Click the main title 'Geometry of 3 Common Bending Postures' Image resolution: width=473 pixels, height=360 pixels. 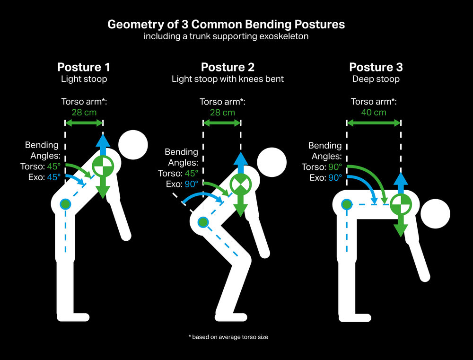[226, 24]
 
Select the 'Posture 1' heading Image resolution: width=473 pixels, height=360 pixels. [84, 67]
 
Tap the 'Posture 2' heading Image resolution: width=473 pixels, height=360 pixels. [228, 67]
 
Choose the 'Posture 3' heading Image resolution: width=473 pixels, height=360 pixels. [376, 67]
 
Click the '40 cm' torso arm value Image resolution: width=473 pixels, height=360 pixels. [374, 112]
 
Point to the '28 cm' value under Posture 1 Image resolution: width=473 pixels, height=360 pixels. [84, 112]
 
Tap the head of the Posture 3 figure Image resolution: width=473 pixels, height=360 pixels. [435, 214]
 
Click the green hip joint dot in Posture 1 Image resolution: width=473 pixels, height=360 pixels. [65, 204]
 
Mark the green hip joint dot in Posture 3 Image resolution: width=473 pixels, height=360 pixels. [347, 204]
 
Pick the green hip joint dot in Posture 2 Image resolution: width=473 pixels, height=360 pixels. [203, 222]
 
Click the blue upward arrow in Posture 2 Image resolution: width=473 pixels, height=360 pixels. [240, 162]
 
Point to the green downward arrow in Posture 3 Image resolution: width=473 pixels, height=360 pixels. [401, 227]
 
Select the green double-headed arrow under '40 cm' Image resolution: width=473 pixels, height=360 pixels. [374, 123]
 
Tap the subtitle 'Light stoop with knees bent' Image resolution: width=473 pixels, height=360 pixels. [228, 79]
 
